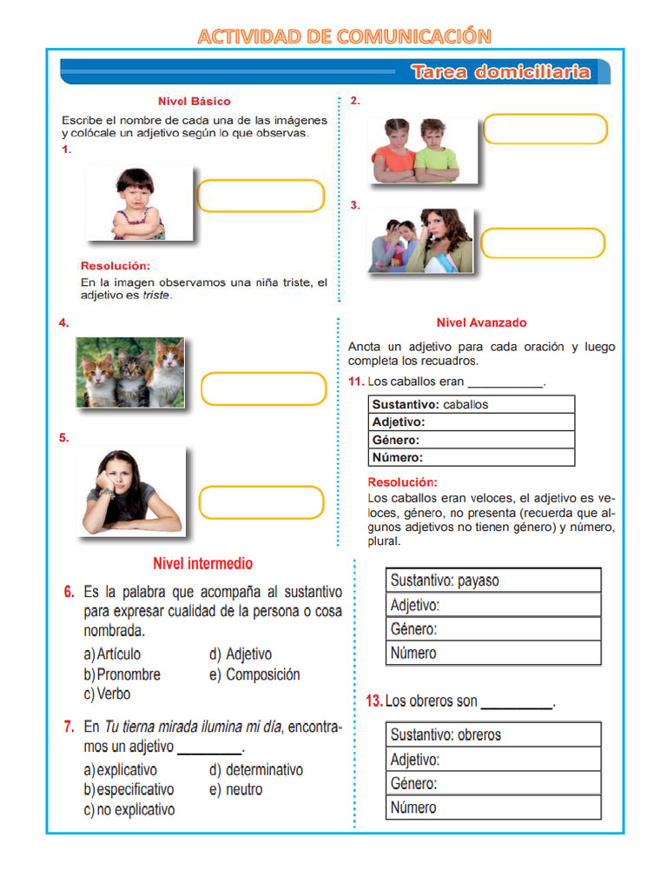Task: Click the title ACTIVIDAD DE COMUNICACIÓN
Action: click(x=344, y=36)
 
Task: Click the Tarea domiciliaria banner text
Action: click(x=501, y=72)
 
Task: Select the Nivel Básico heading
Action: click(x=194, y=102)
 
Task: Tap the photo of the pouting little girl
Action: click(x=139, y=203)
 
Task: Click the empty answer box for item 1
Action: click(x=261, y=196)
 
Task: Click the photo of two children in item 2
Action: click(x=423, y=150)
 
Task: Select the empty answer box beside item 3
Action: click(x=542, y=243)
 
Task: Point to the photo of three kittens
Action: click(x=130, y=372)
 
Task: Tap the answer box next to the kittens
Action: click(x=263, y=389)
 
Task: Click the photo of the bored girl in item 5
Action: click(x=130, y=491)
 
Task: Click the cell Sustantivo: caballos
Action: click(x=472, y=404)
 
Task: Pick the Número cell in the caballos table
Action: click(x=472, y=457)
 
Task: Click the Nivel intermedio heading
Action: click(x=202, y=564)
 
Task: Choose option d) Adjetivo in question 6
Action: click(x=241, y=654)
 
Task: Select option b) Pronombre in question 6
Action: click(x=122, y=674)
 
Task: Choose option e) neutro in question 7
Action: click(x=235, y=790)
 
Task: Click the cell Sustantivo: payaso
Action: click(x=492, y=581)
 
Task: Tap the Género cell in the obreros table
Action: click(x=492, y=783)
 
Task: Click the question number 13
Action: click(x=373, y=701)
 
